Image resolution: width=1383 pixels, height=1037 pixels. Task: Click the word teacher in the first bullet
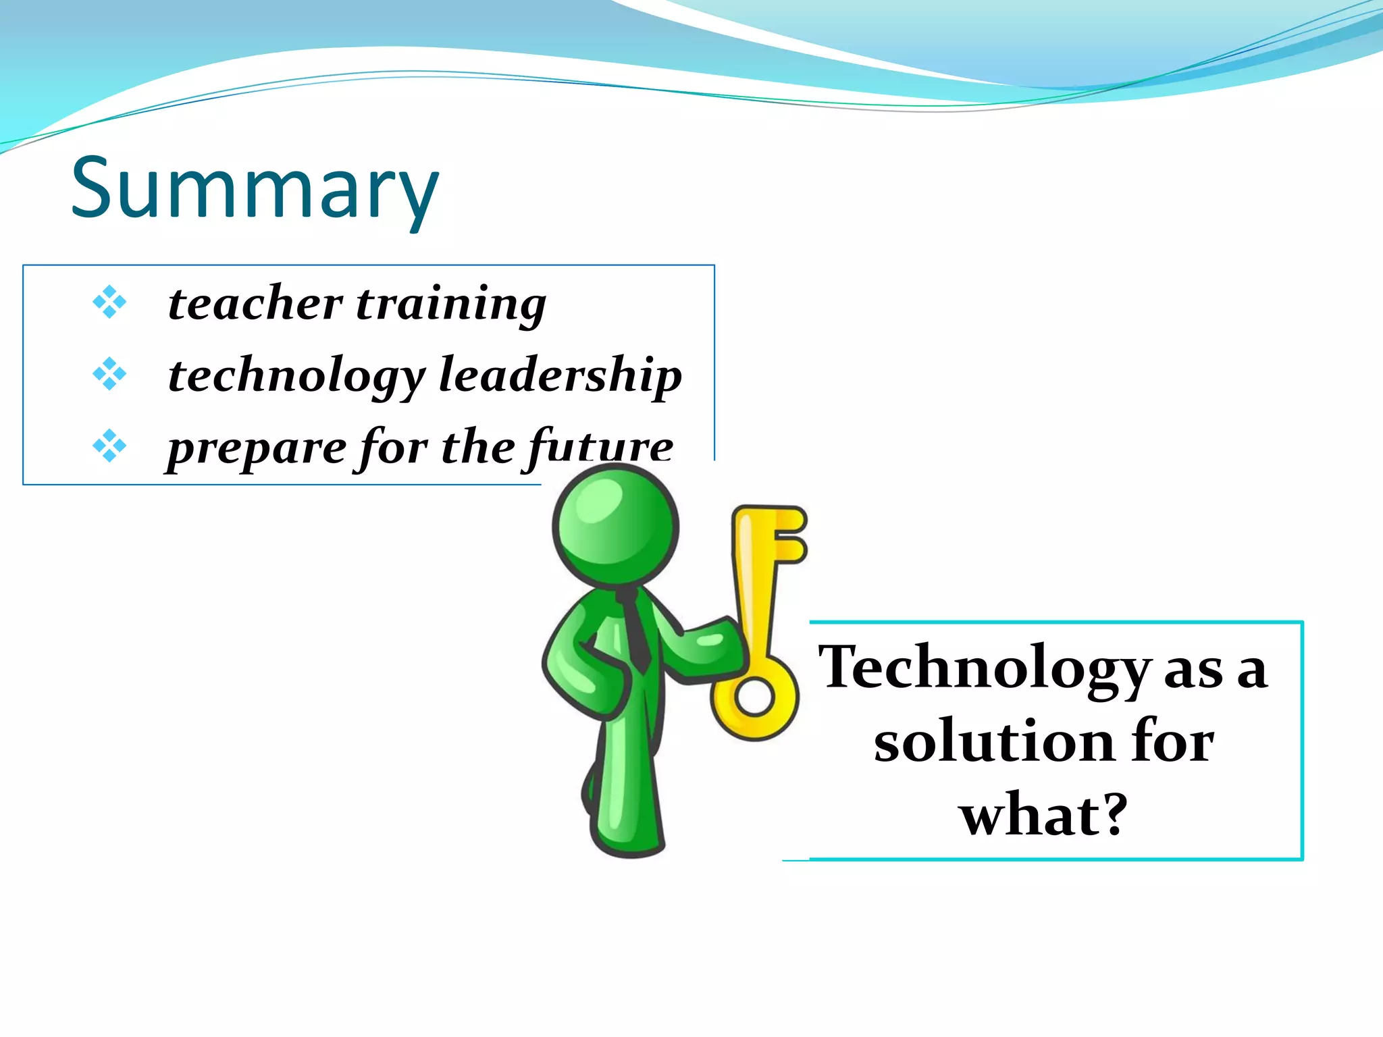tap(255, 303)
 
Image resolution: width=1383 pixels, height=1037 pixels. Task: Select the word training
tap(450, 305)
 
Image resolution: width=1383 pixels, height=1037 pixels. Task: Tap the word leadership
tap(560, 376)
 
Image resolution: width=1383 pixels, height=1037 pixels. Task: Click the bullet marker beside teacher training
tap(109, 302)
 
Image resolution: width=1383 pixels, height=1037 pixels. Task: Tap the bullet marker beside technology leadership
tap(109, 374)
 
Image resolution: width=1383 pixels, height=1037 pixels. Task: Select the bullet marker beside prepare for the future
tap(109, 446)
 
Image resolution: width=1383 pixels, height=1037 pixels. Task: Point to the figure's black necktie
tap(635, 631)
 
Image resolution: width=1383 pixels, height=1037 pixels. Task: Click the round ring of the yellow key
tap(754, 696)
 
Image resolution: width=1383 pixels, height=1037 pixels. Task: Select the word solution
tap(993, 741)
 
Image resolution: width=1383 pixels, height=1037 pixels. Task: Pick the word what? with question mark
tap(1044, 814)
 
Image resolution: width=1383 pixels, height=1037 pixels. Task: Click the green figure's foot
tap(628, 837)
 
